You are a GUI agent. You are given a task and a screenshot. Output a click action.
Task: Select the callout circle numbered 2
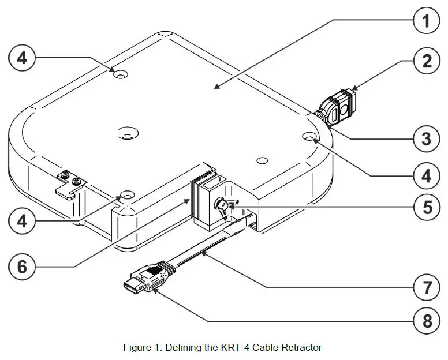(426, 61)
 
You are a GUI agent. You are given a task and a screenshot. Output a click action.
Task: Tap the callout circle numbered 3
(426, 138)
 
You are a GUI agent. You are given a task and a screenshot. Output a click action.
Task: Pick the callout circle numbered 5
(426, 207)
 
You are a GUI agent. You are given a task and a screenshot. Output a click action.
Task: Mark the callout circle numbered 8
(426, 320)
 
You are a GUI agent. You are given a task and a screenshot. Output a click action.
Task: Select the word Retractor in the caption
(302, 347)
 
